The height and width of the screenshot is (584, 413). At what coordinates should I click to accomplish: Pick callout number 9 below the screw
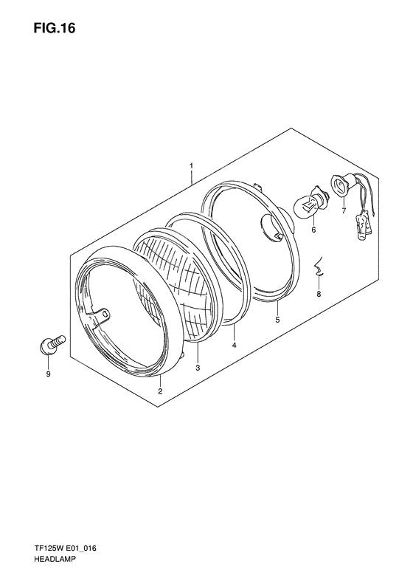(49, 375)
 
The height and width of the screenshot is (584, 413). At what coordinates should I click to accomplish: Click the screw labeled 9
(49, 345)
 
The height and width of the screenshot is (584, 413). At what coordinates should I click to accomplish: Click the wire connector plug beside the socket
(363, 220)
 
